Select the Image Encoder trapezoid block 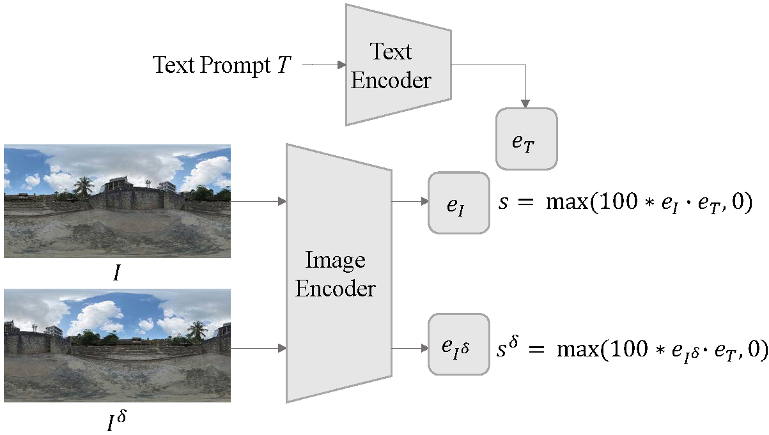(335, 273)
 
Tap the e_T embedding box (526, 139)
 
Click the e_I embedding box (458, 202)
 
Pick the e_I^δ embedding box (458, 345)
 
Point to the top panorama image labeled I (117, 201)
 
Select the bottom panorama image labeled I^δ (117, 345)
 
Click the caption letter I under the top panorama (116, 274)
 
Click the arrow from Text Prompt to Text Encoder (323, 65)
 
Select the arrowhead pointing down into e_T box (526, 103)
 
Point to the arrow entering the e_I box (410, 202)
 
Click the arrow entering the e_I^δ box (410, 348)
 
